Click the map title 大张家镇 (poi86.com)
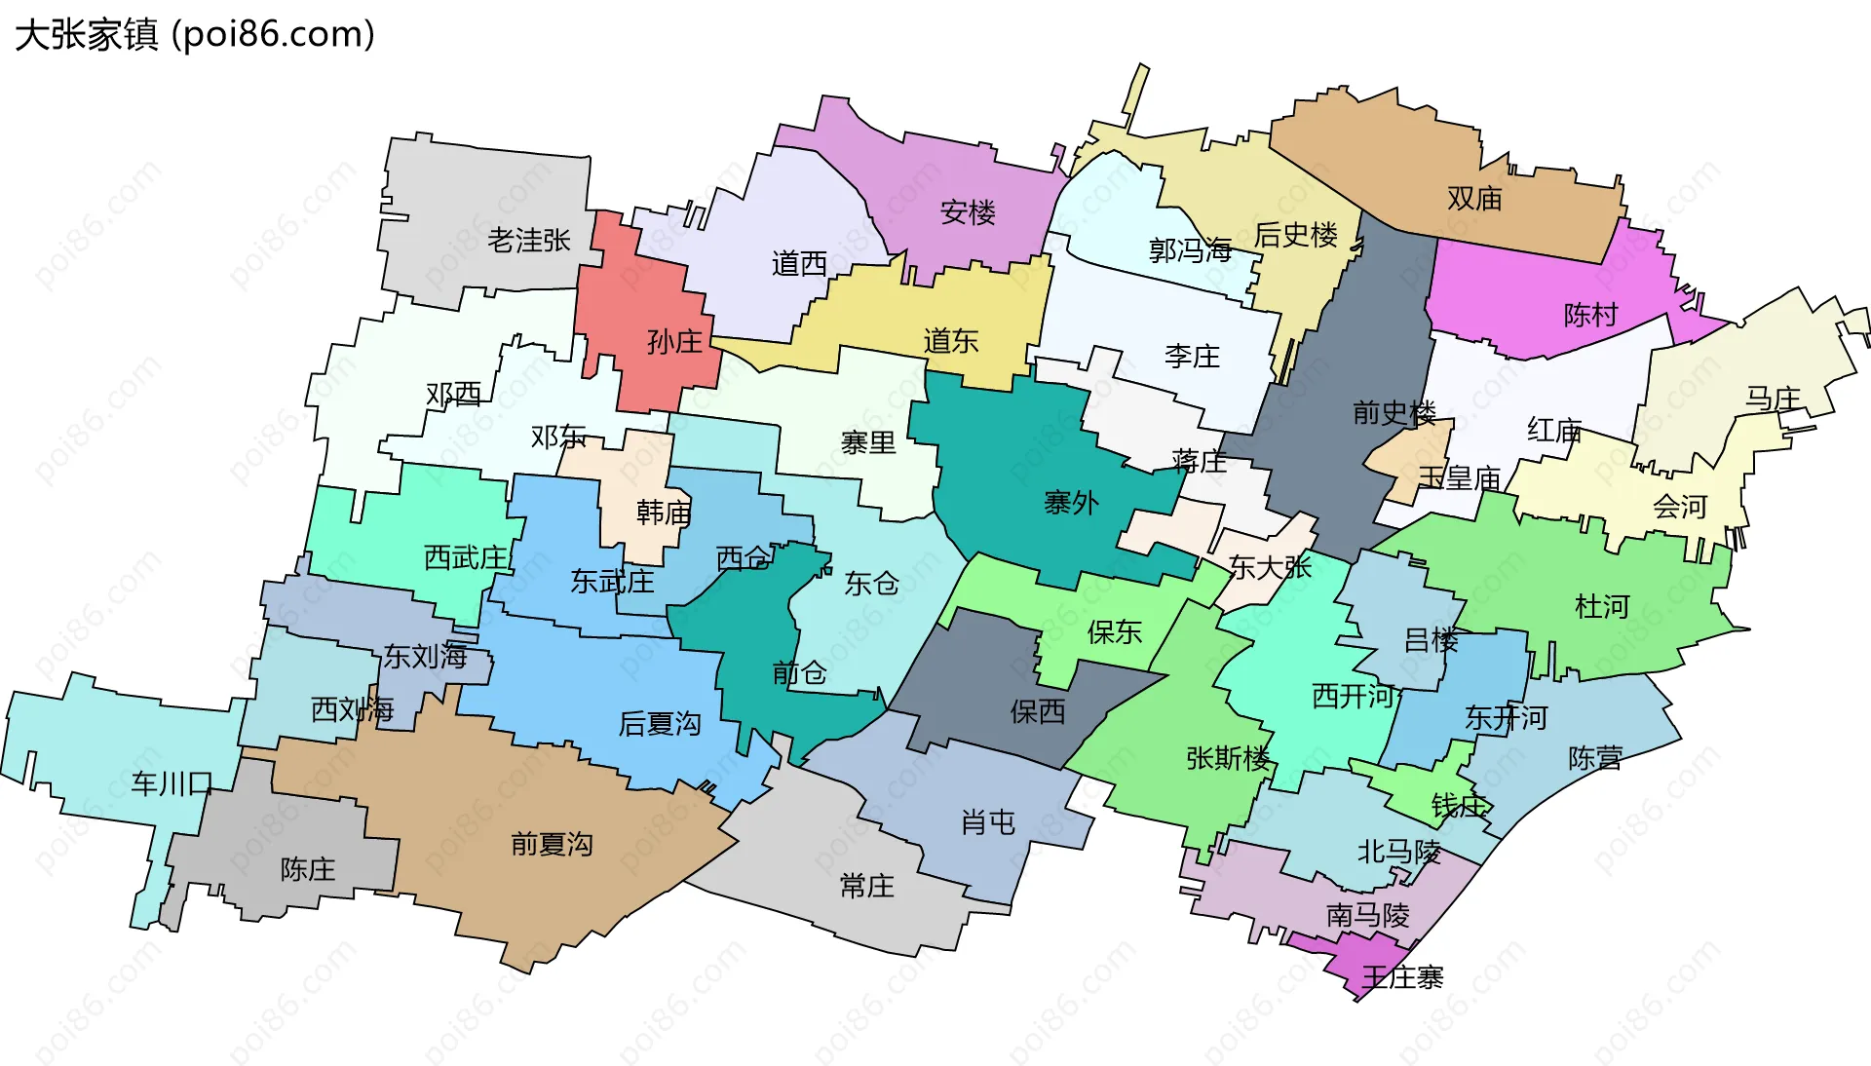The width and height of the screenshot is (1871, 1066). [x=195, y=35]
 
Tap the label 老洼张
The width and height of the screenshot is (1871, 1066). [x=528, y=240]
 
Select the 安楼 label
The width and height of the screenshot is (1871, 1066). [x=968, y=212]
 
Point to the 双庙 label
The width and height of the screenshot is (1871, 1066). [x=1474, y=199]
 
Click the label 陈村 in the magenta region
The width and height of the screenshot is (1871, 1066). [x=1590, y=315]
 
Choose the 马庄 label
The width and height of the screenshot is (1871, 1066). [x=1773, y=399]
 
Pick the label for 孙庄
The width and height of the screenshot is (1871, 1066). [x=674, y=342]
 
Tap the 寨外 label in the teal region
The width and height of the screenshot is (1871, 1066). [x=1071, y=503]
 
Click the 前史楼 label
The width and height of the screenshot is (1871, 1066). [x=1394, y=413]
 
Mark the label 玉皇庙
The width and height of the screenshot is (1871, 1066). [x=1459, y=478]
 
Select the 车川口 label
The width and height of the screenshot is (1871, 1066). [x=172, y=783]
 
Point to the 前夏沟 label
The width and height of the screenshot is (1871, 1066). [x=552, y=844]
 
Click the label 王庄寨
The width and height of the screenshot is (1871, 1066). [x=1402, y=977]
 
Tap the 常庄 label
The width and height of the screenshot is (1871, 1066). [x=866, y=886]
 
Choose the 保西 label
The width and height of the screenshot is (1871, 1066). [x=1038, y=711]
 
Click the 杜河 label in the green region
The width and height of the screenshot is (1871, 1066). [x=1602, y=607]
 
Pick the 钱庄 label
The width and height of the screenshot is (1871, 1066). [x=1459, y=806]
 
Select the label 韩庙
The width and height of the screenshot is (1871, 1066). [x=664, y=513]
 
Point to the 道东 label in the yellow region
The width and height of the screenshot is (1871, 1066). [x=951, y=341]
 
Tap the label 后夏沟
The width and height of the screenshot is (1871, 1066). [x=660, y=723]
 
